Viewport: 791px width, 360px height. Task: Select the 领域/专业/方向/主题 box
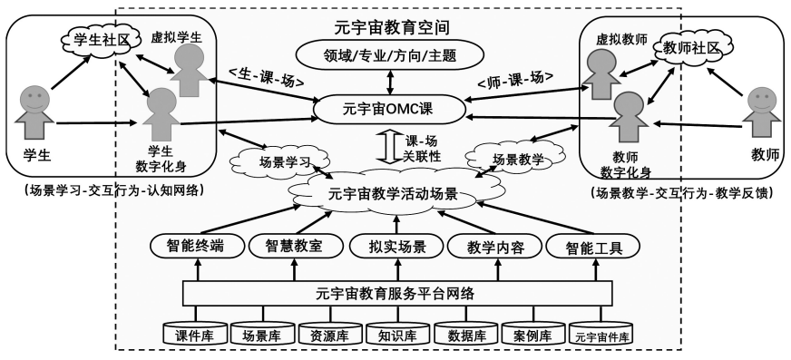pos(391,56)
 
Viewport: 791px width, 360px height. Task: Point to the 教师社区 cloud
pos(691,47)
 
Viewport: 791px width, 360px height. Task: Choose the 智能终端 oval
pos(194,245)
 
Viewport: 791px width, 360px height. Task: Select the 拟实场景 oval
pos(395,245)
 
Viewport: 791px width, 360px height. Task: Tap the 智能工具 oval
pos(591,245)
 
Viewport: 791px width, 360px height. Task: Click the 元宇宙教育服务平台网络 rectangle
pos(395,292)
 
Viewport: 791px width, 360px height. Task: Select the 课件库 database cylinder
pos(193,336)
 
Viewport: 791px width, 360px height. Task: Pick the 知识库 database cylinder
pos(397,336)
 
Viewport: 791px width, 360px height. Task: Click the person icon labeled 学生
pos(34,109)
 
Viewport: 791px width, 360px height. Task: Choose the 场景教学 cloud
pos(516,158)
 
